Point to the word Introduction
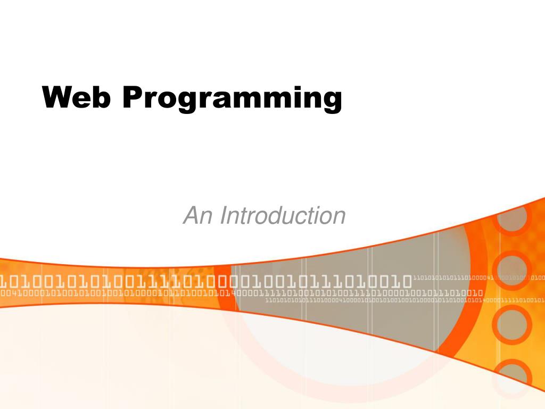point(283,216)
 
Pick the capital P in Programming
point(133,97)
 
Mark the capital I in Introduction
point(223,216)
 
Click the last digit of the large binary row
point(406,280)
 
